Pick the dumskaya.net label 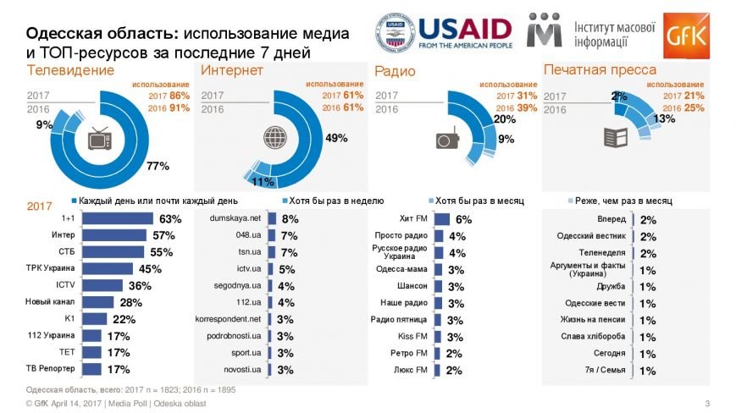235,218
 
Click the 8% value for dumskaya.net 289,218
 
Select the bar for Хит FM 442,218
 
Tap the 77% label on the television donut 158,166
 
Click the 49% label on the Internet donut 336,138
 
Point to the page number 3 707,402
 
